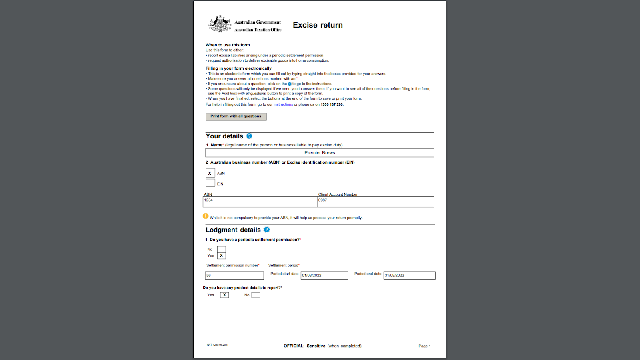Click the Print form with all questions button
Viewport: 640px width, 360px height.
[x=236, y=116]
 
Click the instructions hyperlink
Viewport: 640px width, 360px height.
[x=283, y=104]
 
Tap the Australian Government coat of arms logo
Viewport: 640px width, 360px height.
[x=220, y=24]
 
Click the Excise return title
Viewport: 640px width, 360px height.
[x=318, y=25]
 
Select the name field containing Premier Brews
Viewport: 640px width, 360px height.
[x=320, y=153]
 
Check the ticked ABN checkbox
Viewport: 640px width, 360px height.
[x=210, y=173]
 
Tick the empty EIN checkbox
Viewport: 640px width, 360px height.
[x=210, y=183]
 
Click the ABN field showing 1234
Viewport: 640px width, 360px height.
[x=260, y=202]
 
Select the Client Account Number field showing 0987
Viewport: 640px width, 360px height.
[x=375, y=202]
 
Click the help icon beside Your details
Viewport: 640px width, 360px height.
[x=249, y=136]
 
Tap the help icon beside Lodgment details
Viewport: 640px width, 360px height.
[x=267, y=230]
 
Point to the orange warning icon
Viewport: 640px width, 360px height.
[x=206, y=216]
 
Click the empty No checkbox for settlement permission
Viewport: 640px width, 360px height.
[x=221, y=249]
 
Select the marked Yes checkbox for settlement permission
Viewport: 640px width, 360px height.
[x=221, y=256]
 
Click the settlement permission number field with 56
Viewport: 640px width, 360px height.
[x=234, y=276]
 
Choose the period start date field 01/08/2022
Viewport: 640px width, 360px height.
[x=324, y=276]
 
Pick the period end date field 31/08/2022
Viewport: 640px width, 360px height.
[x=409, y=276]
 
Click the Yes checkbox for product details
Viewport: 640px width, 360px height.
[x=224, y=295]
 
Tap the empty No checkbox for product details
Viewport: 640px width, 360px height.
[x=256, y=295]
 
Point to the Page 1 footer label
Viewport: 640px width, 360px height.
[x=424, y=346]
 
